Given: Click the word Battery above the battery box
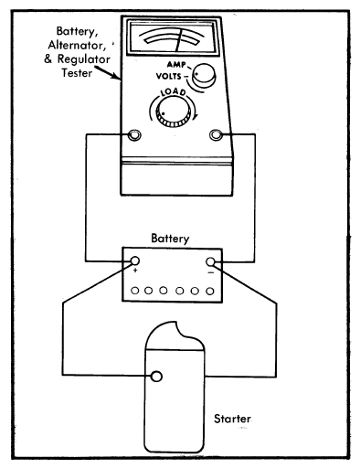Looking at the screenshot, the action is [170, 239].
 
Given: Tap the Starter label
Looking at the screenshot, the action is [232, 419].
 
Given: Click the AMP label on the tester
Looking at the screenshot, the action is [176, 65].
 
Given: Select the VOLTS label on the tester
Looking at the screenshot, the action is [168, 76].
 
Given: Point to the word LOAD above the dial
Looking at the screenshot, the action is [173, 92].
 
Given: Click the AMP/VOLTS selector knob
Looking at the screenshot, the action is [204, 75].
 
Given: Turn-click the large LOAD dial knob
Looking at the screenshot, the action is [173, 113].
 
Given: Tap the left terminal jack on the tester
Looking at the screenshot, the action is [134, 134].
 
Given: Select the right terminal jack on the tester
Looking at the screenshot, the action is [216, 134].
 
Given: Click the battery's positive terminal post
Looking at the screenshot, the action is [134, 261].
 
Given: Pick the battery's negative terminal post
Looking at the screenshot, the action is [210, 261].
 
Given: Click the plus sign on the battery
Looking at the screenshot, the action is [135, 271].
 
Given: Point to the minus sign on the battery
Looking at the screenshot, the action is [211, 272].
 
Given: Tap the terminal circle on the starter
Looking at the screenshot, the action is [156, 377].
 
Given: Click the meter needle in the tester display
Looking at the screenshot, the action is [179, 40].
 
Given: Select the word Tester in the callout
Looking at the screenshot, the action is [77, 73].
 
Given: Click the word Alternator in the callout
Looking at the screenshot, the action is [77, 46].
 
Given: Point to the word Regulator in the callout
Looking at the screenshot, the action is [84, 59].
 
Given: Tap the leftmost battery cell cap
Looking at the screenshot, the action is [135, 291].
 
